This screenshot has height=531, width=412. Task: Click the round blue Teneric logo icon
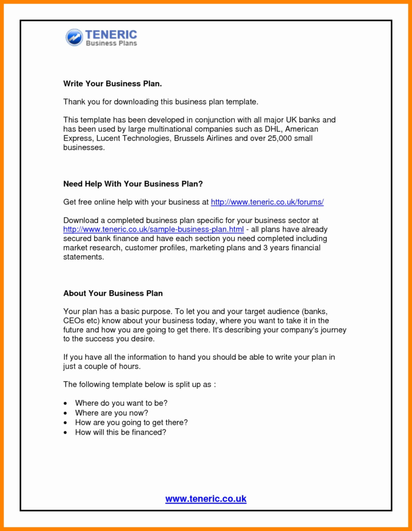click(x=74, y=37)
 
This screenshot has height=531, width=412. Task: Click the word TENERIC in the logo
click(x=111, y=34)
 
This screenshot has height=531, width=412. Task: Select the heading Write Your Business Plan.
click(x=113, y=84)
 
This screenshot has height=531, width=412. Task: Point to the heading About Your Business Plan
click(x=113, y=293)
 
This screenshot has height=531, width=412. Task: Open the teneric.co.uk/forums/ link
click(x=267, y=203)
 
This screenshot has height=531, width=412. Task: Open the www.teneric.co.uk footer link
click(x=206, y=499)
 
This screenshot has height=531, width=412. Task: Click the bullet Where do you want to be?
click(x=121, y=403)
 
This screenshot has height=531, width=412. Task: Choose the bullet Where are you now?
click(x=112, y=413)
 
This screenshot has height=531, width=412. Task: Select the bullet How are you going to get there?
click(x=131, y=423)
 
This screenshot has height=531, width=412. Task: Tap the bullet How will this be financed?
click(x=120, y=432)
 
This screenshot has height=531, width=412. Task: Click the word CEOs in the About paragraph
click(x=74, y=321)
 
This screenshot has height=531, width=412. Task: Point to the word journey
click(x=333, y=330)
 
